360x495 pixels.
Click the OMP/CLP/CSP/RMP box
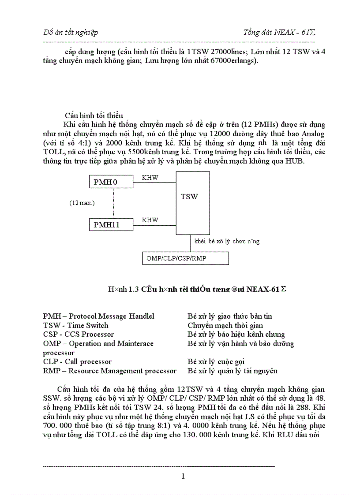(x=185, y=258)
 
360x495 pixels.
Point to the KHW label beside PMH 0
(x=150, y=178)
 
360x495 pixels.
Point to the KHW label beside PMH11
(x=150, y=220)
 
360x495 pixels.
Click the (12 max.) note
(x=82, y=203)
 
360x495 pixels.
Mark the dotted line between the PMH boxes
(x=114, y=203)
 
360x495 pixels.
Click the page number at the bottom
(x=183, y=476)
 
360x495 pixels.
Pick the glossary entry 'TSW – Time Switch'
(x=75, y=325)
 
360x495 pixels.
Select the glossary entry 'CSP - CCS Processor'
(x=78, y=335)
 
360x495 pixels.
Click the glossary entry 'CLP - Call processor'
(x=77, y=362)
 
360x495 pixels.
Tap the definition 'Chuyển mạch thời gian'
(x=225, y=325)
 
